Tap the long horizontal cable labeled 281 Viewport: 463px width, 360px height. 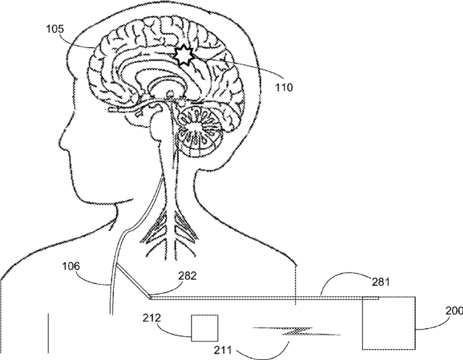tap(265, 297)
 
